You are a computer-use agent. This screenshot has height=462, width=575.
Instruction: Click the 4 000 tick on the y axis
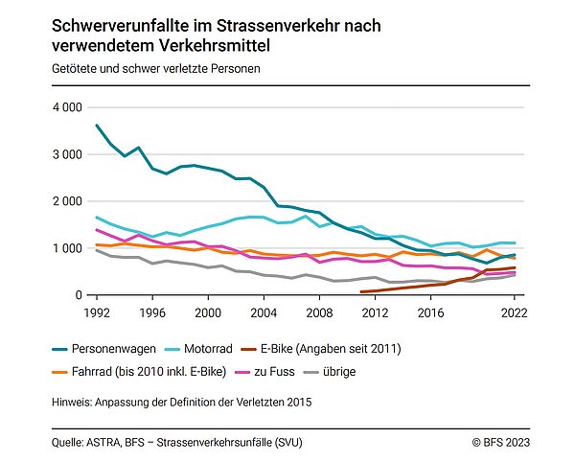[x=68, y=107]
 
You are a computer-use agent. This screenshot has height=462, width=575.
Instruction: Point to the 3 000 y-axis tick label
[x=68, y=154]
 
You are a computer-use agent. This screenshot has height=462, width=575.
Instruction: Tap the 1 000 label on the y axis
[x=68, y=248]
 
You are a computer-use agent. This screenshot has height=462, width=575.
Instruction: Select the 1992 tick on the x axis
[x=96, y=312]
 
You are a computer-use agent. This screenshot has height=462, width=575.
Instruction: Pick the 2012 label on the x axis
[x=374, y=312]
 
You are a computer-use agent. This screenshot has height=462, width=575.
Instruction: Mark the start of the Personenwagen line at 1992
[x=96, y=126]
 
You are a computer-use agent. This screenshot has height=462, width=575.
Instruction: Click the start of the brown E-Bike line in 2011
[x=361, y=291]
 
